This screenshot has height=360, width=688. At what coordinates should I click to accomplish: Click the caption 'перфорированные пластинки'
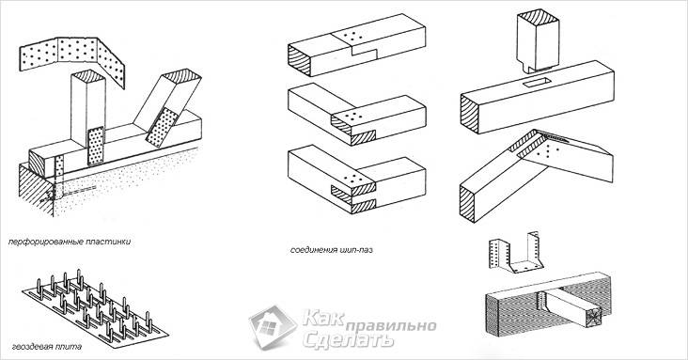pos(70,242)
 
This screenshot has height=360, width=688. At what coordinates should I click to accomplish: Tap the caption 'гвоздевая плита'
pos(47,347)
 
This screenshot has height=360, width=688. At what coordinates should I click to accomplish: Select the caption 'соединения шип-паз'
pos(331,250)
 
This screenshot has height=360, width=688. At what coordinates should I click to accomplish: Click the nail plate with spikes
pos(95,310)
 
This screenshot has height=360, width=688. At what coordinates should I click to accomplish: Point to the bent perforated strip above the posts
pos(72,57)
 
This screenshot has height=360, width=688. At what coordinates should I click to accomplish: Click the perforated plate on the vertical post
pos(96,146)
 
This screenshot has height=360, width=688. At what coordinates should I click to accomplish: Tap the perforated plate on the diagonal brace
pos(162,127)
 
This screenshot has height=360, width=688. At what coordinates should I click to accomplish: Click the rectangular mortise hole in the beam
pos(536,82)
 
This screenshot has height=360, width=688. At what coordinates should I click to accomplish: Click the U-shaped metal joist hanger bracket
pos(516,255)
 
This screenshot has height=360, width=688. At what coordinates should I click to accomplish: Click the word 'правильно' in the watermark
pos(391,326)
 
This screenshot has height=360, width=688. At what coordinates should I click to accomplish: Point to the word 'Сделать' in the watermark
pos(347,339)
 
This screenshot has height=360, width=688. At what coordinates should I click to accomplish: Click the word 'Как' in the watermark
pos(323,318)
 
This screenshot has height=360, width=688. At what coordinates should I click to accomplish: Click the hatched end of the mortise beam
pos(470,114)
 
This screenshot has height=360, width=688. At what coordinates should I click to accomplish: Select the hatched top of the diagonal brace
pos(182,76)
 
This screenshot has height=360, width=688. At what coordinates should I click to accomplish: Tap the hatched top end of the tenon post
pos(538,16)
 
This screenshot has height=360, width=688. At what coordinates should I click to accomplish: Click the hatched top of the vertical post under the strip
pos(88,76)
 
